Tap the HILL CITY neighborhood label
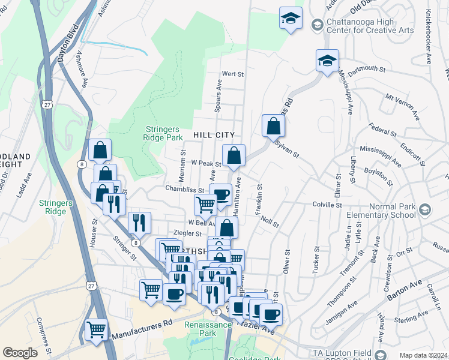[x=213, y=136]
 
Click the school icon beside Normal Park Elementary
[x=425, y=209]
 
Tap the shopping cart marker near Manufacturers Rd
[x=96, y=329]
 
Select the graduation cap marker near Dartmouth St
[x=327, y=61]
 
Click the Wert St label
[x=232, y=74]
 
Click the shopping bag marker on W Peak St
[x=234, y=155]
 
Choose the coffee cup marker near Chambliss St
[x=220, y=194]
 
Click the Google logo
[x=20, y=353]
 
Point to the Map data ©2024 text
[x=424, y=355]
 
